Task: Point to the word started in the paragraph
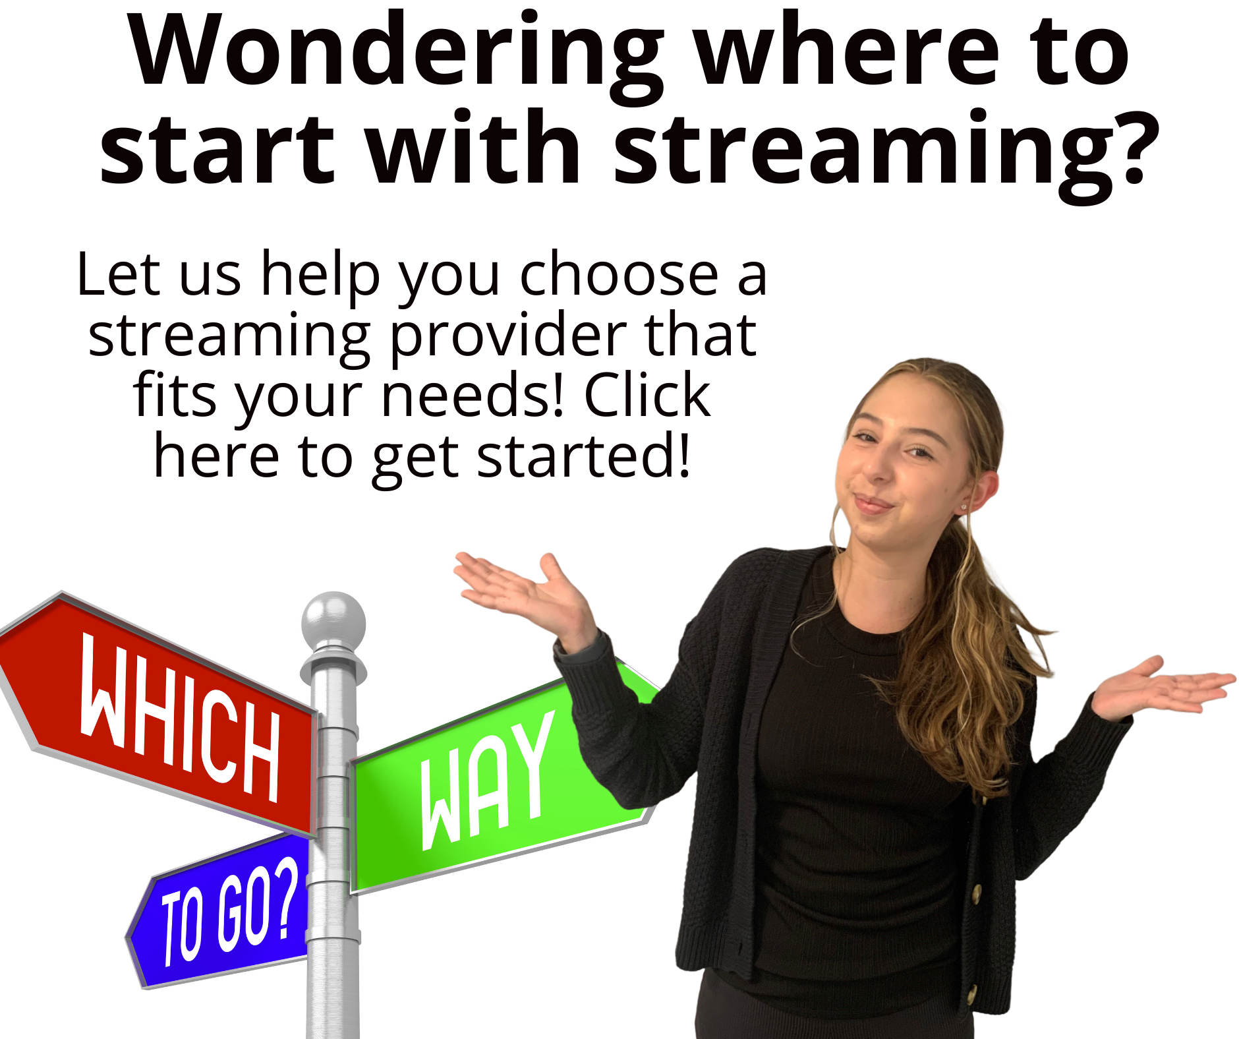coord(583,456)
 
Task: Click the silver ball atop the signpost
coord(333,620)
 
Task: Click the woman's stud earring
coord(964,506)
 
